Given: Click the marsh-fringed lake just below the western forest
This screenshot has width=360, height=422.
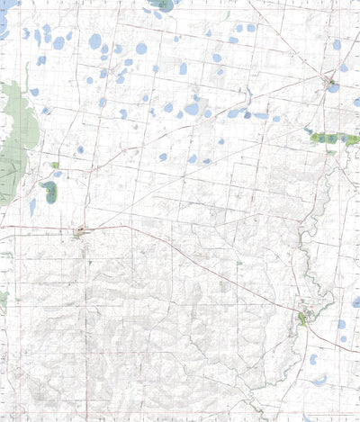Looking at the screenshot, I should [49, 190].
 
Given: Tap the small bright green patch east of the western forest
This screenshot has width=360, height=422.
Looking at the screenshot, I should [55, 166].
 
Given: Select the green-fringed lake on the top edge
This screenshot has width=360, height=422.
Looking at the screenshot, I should [163, 4].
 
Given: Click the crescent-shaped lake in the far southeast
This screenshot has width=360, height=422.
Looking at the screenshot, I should [320, 381].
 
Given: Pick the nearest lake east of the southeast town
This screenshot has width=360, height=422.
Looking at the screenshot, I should [340, 324].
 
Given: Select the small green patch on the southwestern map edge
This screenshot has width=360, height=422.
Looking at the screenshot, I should [3, 297].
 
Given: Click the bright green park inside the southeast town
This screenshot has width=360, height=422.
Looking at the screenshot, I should [302, 317].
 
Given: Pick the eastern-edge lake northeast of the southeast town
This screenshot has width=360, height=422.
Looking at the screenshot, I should [356, 302].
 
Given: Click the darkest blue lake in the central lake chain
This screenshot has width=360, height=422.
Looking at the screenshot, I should [247, 114].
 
